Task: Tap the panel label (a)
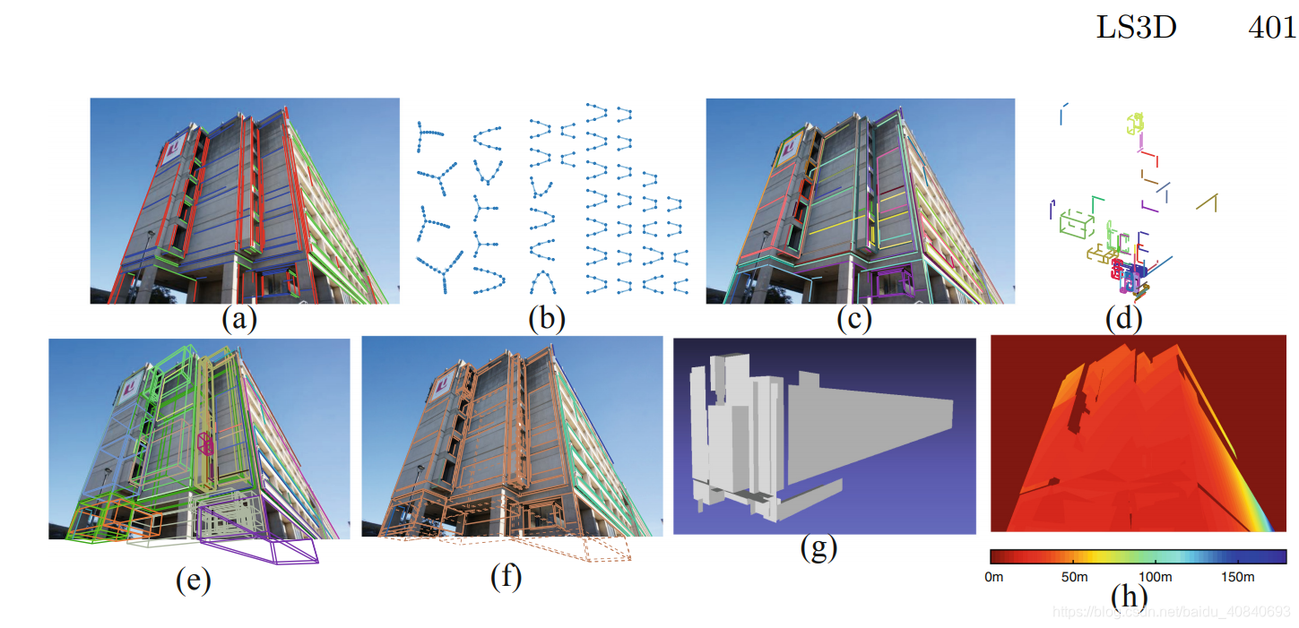click(x=239, y=319)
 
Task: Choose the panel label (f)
click(x=506, y=579)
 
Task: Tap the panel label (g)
click(x=818, y=547)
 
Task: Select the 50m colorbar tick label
click(x=1074, y=577)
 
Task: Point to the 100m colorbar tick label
click(x=1156, y=577)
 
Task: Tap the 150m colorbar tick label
click(x=1237, y=577)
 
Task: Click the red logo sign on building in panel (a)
click(x=177, y=143)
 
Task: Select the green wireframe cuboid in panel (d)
click(x=1075, y=223)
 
